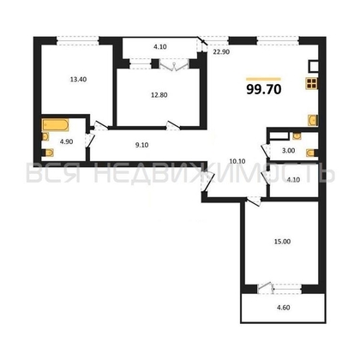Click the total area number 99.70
[264, 89]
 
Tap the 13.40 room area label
[78, 80]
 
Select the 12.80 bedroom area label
[159, 95]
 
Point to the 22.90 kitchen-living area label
[222, 52]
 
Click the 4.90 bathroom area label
[66, 141]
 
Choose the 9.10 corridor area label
[141, 145]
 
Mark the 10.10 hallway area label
[237, 161]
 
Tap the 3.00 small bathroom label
[289, 151]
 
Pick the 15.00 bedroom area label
[282, 242]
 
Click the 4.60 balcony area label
[284, 308]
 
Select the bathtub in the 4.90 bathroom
[56, 125]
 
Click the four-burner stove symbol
[311, 83]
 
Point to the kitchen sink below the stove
[313, 120]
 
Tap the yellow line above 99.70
[263, 79]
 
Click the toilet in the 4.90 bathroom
[48, 153]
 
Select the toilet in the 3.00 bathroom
[312, 153]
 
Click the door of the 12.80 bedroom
[173, 126]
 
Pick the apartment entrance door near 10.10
[207, 181]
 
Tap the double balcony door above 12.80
[174, 65]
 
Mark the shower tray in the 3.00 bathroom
[279, 135]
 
